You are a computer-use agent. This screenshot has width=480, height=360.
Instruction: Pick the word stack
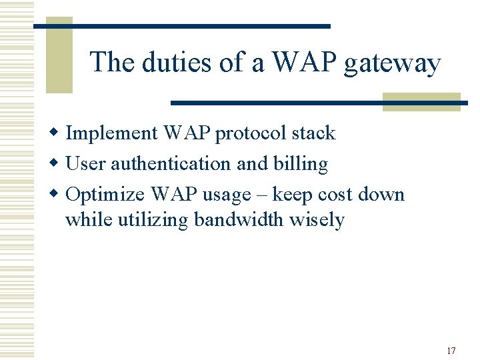[x=313, y=133]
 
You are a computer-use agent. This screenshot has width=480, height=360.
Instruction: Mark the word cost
[x=335, y=194]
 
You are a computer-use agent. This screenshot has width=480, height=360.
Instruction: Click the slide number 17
[x=451, y=351]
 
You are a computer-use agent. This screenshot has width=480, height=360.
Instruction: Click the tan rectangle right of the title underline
[x=421, y=102]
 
